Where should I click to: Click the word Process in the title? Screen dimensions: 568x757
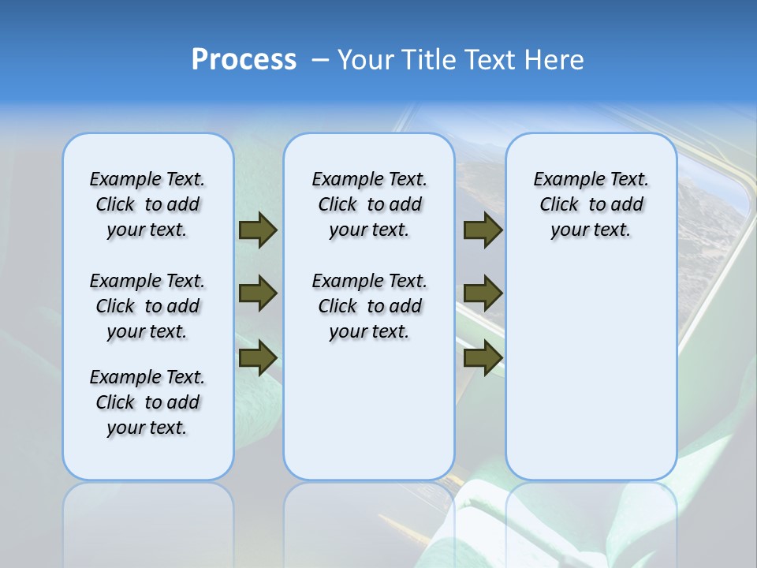point(244,60)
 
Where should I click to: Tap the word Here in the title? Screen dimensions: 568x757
point(555,60)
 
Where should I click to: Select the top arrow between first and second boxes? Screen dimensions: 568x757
point(258,230)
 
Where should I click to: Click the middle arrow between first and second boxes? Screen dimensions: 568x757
point(258,293)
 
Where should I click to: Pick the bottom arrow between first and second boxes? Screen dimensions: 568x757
point(258,357)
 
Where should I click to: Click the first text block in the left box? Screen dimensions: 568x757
point(147,204)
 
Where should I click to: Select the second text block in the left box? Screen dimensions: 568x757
point(147,306)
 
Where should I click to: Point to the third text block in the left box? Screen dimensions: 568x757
point(147,402)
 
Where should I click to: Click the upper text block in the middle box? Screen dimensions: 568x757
point(369,204)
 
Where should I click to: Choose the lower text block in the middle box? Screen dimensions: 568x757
point(369,306)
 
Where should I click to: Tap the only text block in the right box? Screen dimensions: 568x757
point(591,204)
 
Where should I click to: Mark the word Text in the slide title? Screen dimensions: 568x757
point(491,60)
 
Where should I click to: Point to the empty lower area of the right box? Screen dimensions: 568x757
point(591,379)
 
